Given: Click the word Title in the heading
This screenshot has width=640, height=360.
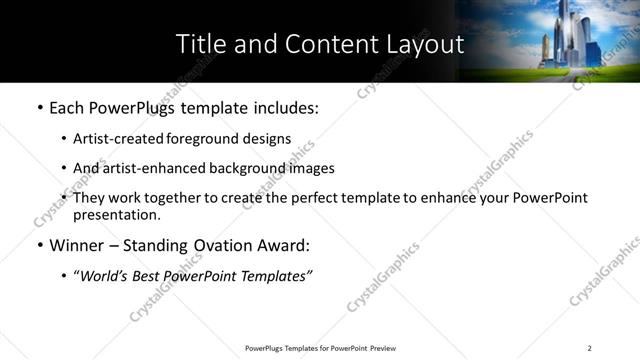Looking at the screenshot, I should coord(199,44).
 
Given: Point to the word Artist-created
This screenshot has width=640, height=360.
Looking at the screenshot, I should coord(115,139).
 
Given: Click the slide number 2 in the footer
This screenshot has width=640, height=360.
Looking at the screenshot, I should coord(590,348).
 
